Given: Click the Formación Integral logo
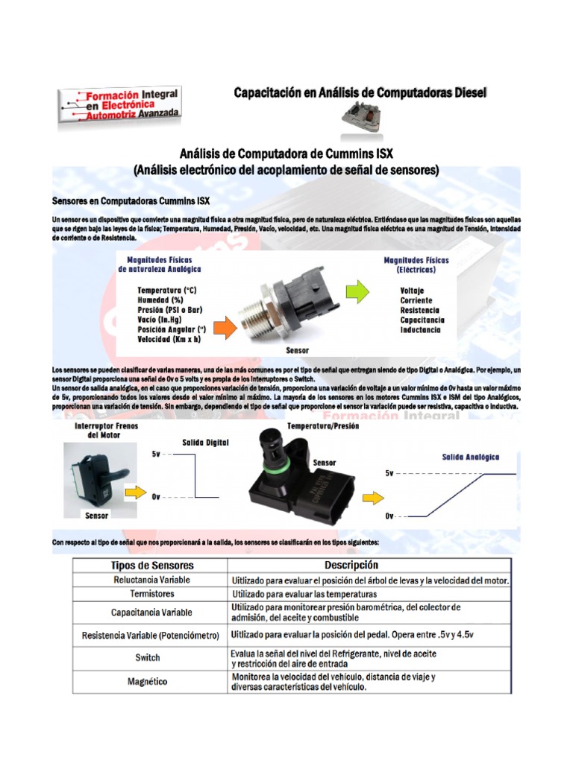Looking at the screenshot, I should tap(119, 104).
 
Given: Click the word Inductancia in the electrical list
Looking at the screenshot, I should tap(420, 329).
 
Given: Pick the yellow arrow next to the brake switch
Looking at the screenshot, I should tap(134, 493).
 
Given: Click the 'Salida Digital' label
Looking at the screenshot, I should tap(206, 442).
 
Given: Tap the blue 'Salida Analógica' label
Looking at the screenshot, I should tap(471, 457).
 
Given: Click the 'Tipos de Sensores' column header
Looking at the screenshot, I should tap(152, 566).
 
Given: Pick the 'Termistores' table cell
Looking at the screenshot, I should tap(152, 595).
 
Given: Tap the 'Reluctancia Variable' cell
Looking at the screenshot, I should tap(152, 580).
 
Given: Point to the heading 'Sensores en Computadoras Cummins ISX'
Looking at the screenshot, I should tap(131, 201).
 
